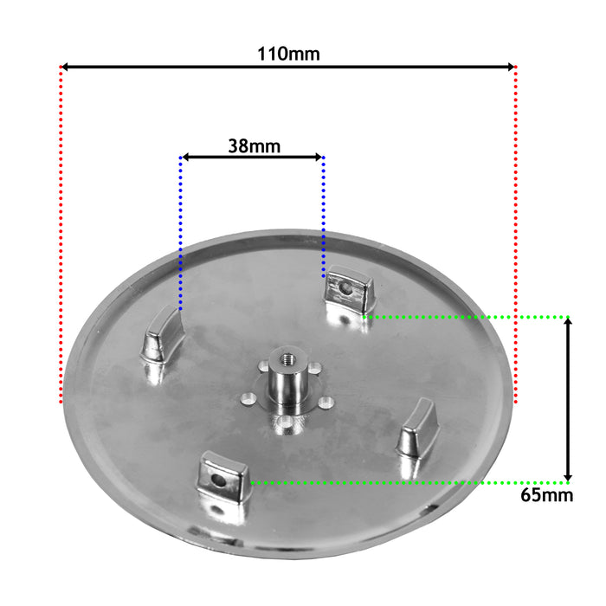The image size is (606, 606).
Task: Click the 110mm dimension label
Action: [288, 54]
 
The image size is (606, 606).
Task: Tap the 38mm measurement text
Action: [254, 145]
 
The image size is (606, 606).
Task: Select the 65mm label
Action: [547, 495]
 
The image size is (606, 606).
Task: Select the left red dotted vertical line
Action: [61, 234]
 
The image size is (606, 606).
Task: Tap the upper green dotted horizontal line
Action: [467, 317]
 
